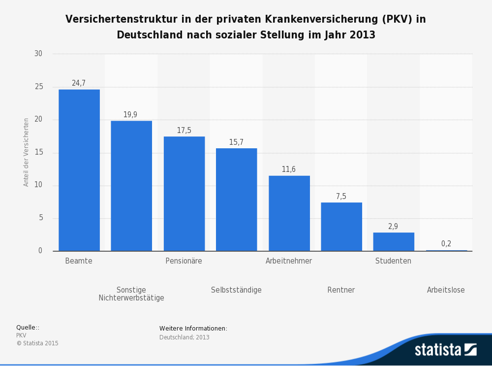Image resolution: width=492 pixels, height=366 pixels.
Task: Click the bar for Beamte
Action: [x=79, y=170]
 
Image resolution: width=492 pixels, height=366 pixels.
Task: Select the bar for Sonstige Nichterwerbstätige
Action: [x=131, y=186]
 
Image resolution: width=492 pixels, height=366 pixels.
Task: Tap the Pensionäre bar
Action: [x=184, y=194]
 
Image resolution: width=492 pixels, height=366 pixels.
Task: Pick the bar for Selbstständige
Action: [x=236, y=200]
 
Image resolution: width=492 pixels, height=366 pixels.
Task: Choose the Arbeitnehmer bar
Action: [x=289, y=213]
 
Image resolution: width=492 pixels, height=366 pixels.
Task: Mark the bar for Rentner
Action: [x=341, y=227]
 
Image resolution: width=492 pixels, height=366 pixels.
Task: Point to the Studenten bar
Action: [x=394, y=242]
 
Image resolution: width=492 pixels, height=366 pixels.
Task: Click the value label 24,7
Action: [x=79, y=83]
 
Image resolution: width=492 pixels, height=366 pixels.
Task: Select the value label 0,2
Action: [x=446, y=244]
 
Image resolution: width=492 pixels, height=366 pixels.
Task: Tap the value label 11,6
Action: [x=289, y=169]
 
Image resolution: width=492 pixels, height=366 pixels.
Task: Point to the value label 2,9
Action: [x=393, y=227]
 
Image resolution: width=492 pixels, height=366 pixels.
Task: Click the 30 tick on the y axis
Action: [x=38, y=54]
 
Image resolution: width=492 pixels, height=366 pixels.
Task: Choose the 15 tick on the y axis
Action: [x=38, y=153]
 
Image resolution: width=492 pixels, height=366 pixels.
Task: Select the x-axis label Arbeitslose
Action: [x=446, y=290]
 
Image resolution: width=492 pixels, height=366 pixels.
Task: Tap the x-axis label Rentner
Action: [x=341, y=290]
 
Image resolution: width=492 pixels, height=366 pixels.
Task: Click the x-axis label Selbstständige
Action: [x=236, y=290]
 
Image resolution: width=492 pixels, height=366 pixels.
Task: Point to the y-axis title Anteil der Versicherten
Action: [x=26, y=152]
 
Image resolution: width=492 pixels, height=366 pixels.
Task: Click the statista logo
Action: [x=445, y=349]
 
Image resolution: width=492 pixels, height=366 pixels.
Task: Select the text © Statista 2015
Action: [x=37, y=343]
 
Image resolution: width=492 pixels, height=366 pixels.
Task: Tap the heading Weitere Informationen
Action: [x=193, y=329]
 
